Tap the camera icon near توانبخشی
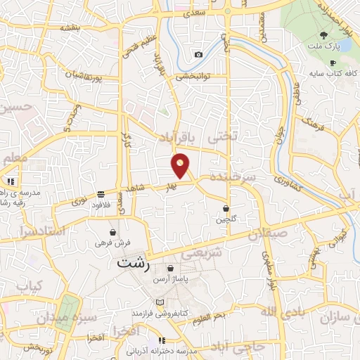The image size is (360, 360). [198, 55]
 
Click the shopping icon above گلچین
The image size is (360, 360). [226, 208]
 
